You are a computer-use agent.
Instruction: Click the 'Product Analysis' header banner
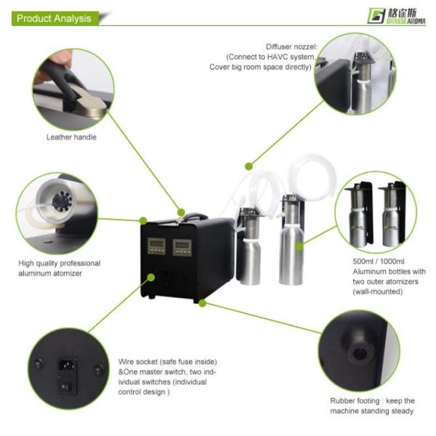[55, 18]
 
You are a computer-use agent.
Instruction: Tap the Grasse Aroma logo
[396, 16]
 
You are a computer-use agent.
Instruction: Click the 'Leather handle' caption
[71, 137]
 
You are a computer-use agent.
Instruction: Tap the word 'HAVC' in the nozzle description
[278, 57]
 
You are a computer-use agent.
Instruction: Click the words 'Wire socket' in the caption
[138, 362]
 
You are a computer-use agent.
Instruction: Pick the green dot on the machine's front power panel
[151, 278]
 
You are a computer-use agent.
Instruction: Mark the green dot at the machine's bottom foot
[203, 303]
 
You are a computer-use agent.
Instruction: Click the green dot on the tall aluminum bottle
[299, 246]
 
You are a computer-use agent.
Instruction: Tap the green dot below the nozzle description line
[249, 166]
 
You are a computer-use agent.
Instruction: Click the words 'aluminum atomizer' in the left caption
[50, 273]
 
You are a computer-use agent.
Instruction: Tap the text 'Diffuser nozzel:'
[291, 47]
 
